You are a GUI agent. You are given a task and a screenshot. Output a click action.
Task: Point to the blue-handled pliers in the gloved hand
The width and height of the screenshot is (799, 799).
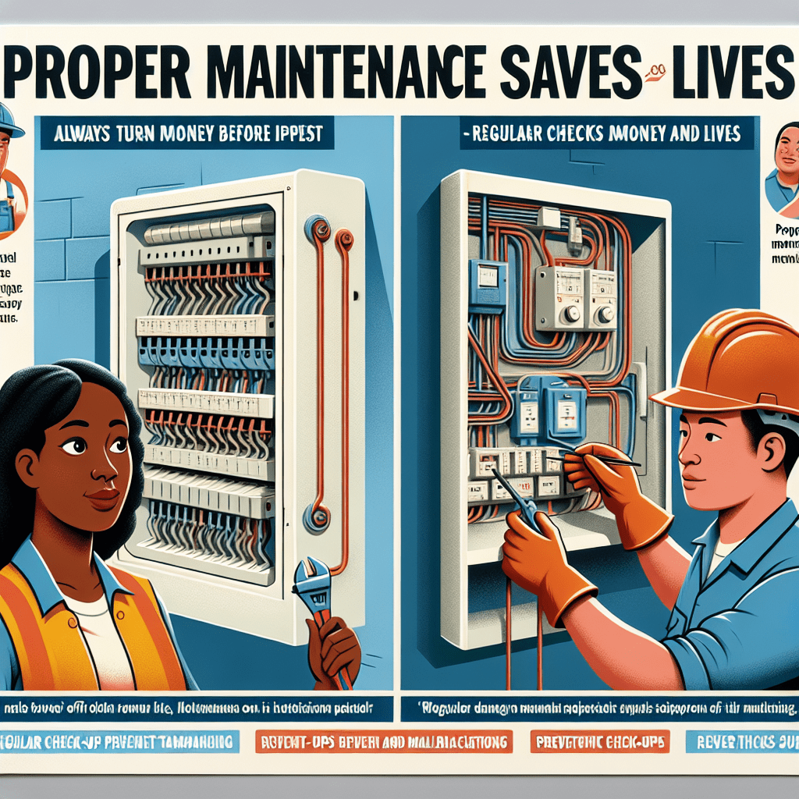pos(518,503)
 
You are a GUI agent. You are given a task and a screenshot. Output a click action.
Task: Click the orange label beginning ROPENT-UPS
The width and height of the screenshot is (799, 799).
pos(384,740)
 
